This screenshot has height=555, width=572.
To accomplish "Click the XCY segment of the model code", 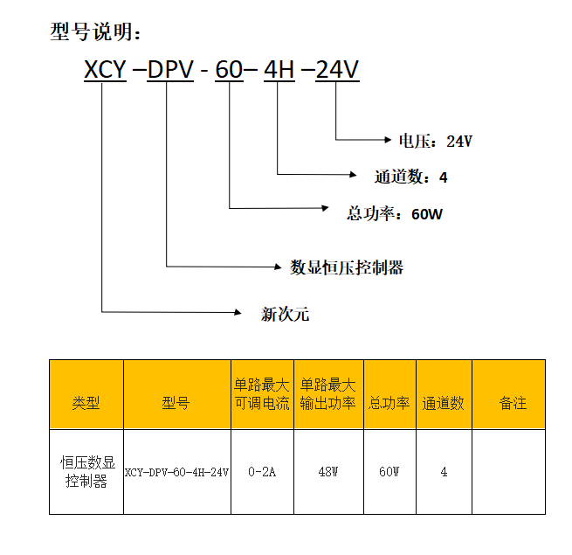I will (105, 71).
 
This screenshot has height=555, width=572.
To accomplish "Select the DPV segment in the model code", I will (170, 71).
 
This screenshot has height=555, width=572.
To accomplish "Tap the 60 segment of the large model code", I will (229, 71).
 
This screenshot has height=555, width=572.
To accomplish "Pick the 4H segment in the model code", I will (279, 71).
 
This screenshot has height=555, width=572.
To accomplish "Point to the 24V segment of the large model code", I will (336, 71).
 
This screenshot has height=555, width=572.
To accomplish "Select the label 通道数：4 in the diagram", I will (410, 177).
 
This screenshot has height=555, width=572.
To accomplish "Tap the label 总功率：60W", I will (395, 213).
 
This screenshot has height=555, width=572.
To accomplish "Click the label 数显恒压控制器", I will (347, 267).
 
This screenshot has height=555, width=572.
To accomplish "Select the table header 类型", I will (86, 403).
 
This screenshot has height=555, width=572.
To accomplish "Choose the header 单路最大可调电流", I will (262, 394).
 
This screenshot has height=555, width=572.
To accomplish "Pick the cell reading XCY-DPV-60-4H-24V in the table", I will (176, 472).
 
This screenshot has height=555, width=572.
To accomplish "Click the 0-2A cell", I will (262, 472).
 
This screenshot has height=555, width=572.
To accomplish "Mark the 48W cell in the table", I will (328, 472).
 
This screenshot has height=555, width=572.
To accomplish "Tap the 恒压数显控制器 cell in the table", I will (86, 472).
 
